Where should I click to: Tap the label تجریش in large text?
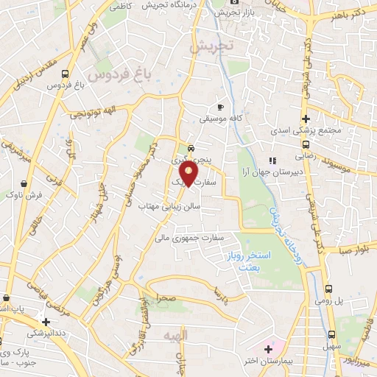(x=210, y=46)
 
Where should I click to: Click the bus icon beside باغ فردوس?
(x=66, y=74)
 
